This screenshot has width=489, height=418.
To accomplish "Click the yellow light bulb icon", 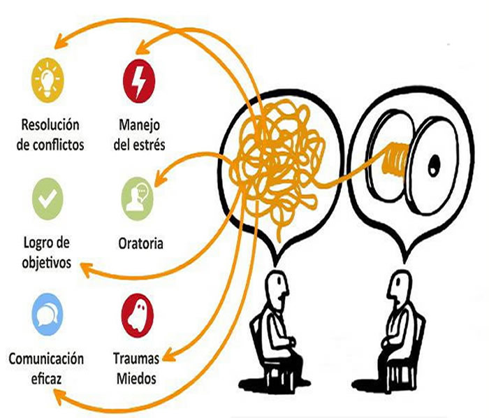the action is (48, 80).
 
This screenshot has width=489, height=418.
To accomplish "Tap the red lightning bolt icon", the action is (139, 81).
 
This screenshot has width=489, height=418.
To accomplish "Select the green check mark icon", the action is (48, 199).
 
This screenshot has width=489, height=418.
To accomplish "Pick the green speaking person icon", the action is (138, 199).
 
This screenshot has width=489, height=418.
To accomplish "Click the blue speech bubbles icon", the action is (48, 315).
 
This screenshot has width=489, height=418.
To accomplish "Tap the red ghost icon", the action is (138, 315).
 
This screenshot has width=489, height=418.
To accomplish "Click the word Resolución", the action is (50, 125).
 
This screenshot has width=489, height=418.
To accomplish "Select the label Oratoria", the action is (140, 243).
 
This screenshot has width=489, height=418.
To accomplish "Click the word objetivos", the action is (47, 263).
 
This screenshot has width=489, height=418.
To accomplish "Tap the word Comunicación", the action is (46, 359).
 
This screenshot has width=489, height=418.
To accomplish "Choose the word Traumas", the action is (136, 359).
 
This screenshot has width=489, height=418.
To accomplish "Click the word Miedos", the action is (136, 378).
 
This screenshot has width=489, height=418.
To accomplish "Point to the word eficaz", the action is (46, 379).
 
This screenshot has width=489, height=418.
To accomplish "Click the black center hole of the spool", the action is (434, 166).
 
